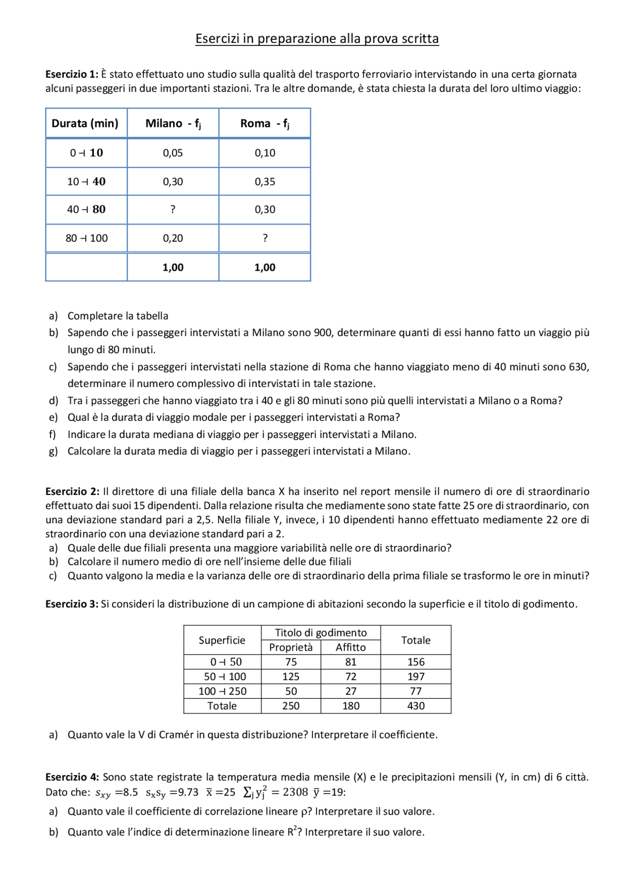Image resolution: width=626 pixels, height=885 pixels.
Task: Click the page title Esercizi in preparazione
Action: [x=317, y=39]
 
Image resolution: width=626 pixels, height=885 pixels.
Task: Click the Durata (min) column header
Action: [x=85, y=123]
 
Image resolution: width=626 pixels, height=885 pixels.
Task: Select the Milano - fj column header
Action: [x=173, y=123]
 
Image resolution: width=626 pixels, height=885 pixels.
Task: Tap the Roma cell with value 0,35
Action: [x=265, y=182]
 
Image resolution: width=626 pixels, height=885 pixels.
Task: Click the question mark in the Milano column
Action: [x=173, y=210]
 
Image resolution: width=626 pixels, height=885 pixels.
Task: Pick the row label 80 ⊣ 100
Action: [x=87, y=238]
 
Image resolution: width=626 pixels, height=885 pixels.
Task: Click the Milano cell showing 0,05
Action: [x=173, y=153]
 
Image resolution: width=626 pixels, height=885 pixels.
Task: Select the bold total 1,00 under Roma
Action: [x=265, y=267]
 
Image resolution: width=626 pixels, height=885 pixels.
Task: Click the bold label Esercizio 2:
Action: [x=72, y=492]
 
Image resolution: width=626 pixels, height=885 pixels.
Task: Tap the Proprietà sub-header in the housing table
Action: [x=291, y=648]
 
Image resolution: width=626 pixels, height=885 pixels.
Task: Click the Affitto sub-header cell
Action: [x=351, y=648]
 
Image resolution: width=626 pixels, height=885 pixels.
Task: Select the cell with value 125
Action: [x=291, y=677]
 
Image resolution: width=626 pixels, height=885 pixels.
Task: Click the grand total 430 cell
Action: [x=416, y=706]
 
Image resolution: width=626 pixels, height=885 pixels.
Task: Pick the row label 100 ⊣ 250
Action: [x=223, y=691]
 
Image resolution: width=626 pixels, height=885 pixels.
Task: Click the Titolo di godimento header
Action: [x=321, y=633]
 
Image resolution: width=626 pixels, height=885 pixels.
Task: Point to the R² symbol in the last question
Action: [x=292, y=832]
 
